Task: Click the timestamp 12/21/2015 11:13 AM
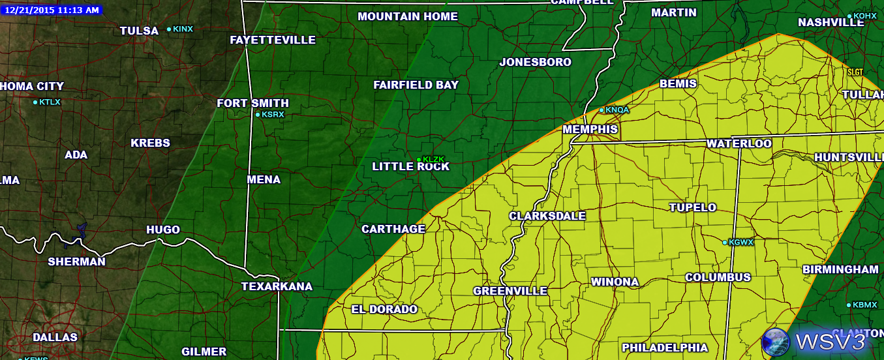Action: [51, 10]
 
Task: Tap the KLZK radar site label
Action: [433, 159]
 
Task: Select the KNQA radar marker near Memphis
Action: [617, 110]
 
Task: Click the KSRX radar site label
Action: [273, 114]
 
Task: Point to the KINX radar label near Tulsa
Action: [183, 29]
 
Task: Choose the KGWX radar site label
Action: [740, 242]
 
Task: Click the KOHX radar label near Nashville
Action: [864, 16]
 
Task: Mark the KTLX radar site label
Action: [50, 102]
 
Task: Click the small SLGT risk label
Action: [855, 72]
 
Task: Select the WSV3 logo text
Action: [830, 341]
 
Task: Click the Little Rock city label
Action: [410, 166]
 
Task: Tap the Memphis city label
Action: [590, 129]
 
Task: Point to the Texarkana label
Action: [277, 286]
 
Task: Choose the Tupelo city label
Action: [692, 207]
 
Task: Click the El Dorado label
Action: [384, 309]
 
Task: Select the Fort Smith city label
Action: [252, 103]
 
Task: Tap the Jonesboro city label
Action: [535, 62]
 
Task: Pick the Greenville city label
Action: [510, 291]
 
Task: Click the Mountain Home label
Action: [407, 16]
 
